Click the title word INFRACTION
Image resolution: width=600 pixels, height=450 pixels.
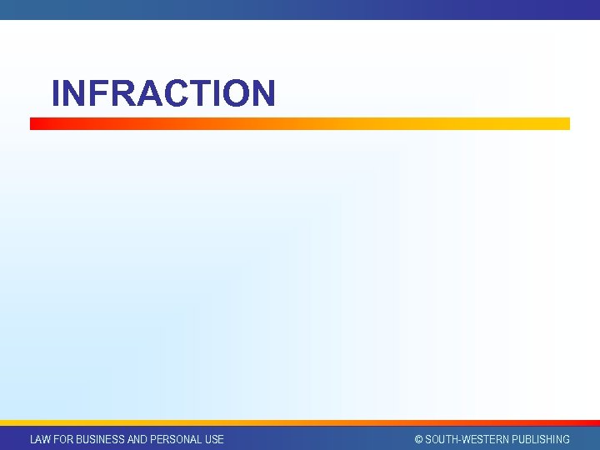click(162, 93)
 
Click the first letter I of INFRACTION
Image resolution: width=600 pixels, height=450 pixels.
click(56, 93)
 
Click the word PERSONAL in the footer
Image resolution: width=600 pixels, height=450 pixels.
click(176, 439)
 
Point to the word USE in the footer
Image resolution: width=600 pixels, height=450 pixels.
click(213, 439)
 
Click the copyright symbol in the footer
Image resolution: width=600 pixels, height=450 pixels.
click(419, 439)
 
